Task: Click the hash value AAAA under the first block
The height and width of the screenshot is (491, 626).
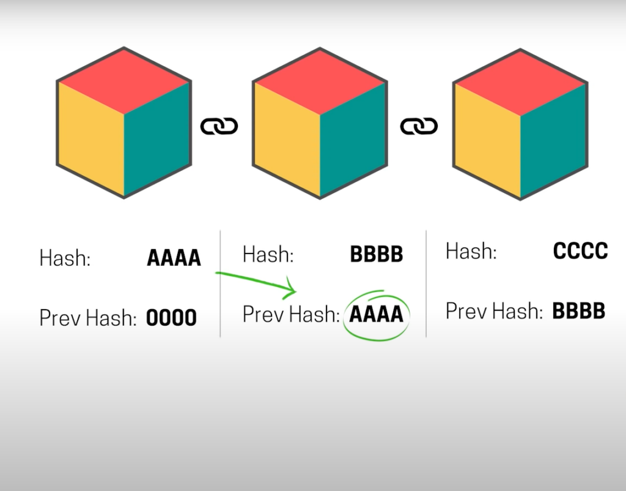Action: [x=174, y=258]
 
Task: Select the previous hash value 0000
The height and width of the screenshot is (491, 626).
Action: [x=171, y=318]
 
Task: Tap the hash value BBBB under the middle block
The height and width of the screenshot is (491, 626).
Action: [x=377, y=254]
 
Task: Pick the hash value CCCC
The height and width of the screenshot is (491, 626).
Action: [x=581, y=251]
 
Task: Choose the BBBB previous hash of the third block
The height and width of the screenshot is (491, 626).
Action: [x=579, y=311]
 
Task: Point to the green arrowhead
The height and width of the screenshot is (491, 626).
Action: [x=290, y=289]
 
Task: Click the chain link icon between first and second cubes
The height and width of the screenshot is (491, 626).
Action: [x=219, y=126]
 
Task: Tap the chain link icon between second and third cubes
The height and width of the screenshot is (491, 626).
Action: [x=419, y=126]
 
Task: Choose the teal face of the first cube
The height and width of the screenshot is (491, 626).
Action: [x=157, y=138]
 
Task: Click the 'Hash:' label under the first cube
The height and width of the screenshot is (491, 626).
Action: [x=65, y=258]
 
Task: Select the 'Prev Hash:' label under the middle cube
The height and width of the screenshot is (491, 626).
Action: [x=291, y=314]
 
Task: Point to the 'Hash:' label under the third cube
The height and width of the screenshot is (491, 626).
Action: [x=471, y=251]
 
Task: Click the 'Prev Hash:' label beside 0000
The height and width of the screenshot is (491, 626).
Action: [x=88, y=318]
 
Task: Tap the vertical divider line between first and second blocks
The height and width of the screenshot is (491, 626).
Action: [x=220, y=284]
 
